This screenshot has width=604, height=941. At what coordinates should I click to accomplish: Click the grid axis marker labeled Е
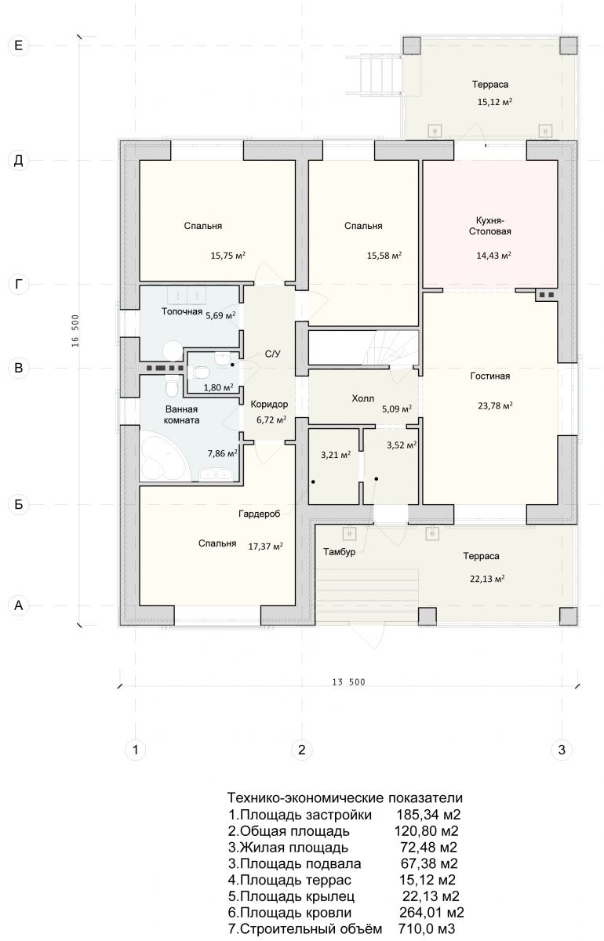click(x=19, y=45)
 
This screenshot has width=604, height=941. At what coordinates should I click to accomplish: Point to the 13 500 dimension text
click(x=348, y=681)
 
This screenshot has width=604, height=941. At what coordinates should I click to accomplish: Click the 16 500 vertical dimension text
click(x=75, y=331)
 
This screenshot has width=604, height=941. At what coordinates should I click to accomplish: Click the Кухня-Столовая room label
click(x=490, y=226)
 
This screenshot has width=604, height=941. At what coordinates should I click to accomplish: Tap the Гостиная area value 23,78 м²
click(x=495, y=406)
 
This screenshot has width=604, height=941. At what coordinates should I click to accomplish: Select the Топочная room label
click(x=182, y=311)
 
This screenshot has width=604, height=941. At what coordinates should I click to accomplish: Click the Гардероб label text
click(x=260, y=514)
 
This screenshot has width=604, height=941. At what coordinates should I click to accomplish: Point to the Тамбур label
click(x=339, y=551)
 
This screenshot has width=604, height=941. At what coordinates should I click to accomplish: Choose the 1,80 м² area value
click(x=219, y=387)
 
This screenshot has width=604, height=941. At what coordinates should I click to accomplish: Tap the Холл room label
click(x=362, y=398)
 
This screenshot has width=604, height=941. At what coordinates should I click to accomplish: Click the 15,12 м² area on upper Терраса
click(x=495, y=102)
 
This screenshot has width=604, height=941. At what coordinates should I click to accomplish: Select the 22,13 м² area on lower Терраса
click(x=487, y=579)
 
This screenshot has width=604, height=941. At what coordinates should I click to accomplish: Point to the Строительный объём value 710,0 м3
click(x=427, y=928)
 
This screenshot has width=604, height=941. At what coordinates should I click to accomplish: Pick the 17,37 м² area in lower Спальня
click(x=265, y=546)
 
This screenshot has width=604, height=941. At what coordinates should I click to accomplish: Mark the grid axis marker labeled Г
click(x=19, y=285)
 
